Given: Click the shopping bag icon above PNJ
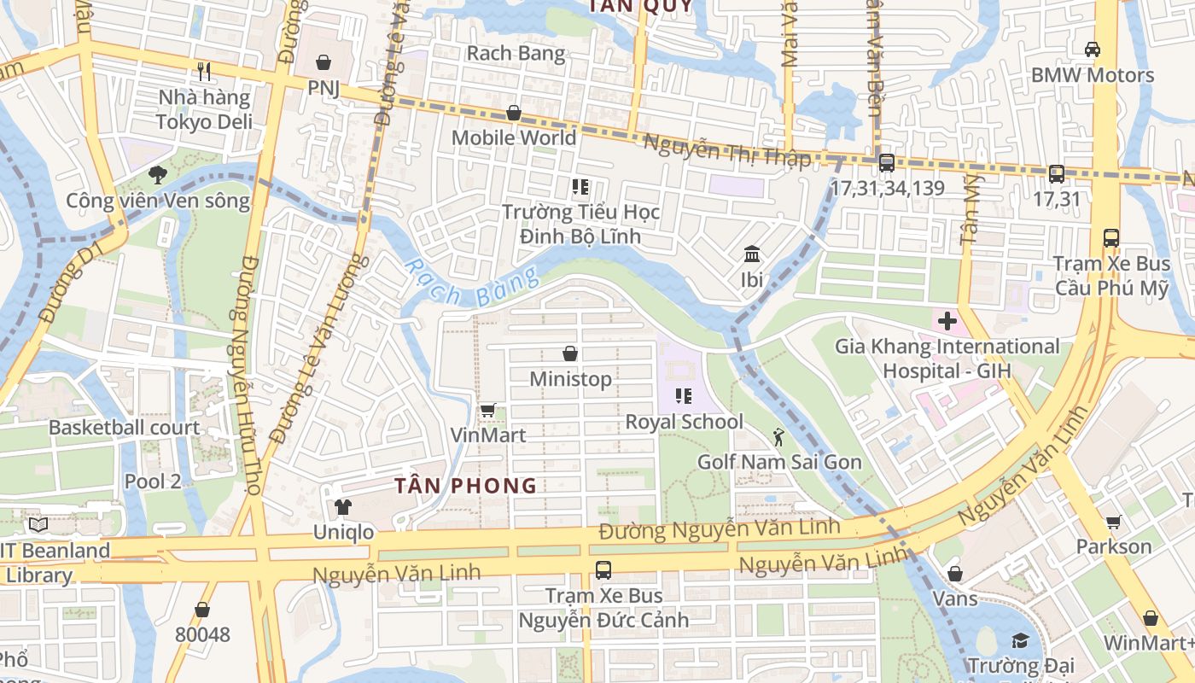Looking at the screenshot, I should pos(324,62).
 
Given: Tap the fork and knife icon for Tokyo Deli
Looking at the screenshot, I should pos(204,72).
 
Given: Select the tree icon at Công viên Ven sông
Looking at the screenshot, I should pos(157,175).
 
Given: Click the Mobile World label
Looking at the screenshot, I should pos(514,137).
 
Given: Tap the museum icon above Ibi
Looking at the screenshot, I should pos(752,254).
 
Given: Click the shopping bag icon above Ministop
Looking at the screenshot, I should pos(570,353).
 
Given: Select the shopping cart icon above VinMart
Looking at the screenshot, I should pos(487,410).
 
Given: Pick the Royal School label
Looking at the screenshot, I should pos(684,422).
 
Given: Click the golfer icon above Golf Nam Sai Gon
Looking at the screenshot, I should pos(778,437).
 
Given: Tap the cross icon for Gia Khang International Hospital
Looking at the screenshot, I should pos(947,322).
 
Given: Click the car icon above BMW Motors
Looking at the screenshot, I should pos(1092,50).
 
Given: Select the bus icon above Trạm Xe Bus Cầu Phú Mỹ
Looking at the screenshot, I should pos(1110,238).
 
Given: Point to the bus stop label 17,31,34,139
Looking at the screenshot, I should pos(888,188).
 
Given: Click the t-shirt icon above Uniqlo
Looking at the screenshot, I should pos(343,507).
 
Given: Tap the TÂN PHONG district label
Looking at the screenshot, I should pos(465,486).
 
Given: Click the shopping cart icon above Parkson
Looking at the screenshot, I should pos(1113,521).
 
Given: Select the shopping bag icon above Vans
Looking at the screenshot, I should pos(955,574).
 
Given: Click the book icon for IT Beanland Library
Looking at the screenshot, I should pos(38,525).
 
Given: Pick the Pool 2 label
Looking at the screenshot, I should pos(153,482).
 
